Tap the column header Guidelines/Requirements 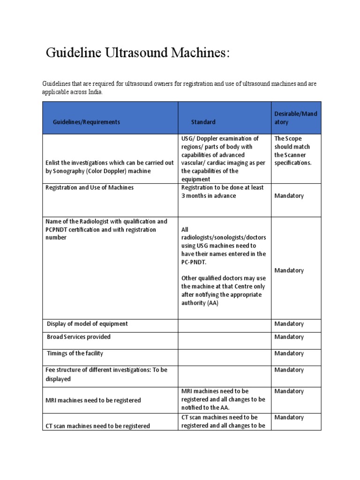tap(86, 122)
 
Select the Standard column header tap(203, 122)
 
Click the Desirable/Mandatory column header tap(295, 118)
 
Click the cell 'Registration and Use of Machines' tap(89, 187)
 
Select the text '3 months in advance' tap(209, 195)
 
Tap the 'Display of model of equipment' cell tap(87, 324)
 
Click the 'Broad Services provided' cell tap(79, 337)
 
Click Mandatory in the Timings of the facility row tap(289, 353)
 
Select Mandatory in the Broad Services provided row tap(289, 337)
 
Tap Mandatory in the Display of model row tap(289, 324)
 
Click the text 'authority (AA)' tap(200, 303)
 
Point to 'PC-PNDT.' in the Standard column tap(193, 262)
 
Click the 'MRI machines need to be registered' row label tap(93, 400)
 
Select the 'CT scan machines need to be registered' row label tap(97, 426)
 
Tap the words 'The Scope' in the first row tap(288, 138)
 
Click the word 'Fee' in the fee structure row tap(49, 370)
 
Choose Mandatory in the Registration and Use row tap(289, 196)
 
